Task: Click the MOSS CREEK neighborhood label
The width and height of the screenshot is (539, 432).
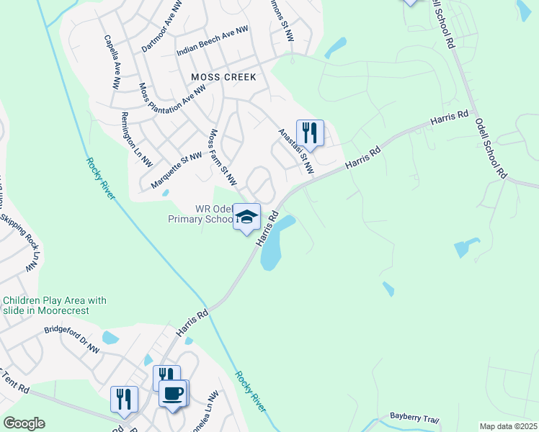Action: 223,76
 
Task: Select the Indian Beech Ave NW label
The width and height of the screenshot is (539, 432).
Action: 213,42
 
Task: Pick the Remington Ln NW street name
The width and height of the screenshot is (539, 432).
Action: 137,139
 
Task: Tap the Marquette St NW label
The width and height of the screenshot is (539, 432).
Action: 177,171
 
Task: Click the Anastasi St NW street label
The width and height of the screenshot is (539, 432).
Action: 296,151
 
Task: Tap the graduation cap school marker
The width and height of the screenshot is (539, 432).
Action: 246,216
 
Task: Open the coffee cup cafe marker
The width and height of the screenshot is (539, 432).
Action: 173,394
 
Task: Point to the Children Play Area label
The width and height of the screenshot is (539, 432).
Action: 55,305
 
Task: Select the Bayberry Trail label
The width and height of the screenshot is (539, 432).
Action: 414,418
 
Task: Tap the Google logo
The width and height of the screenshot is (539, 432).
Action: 24,423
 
